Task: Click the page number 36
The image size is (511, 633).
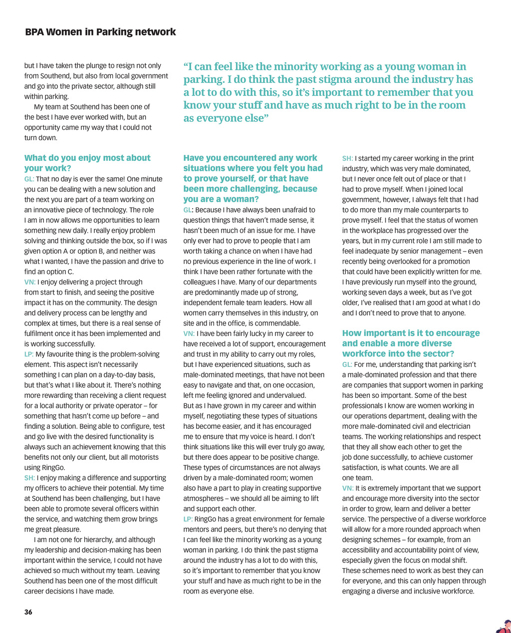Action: [28, 612]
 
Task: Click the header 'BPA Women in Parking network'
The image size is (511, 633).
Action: [100, 32]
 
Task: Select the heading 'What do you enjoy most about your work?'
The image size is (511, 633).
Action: [87, 163]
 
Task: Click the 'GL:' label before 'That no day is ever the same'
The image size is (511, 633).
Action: [29, 179]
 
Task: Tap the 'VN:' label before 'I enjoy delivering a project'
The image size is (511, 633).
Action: [29, 282]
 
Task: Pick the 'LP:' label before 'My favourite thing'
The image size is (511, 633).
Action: [29, 354]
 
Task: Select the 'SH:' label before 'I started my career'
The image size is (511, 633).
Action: [347, 158]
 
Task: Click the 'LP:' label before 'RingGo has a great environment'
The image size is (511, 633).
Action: [188, 519]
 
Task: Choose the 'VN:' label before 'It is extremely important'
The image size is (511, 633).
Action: [348, 488]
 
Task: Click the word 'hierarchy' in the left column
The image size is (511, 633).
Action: [97, 540]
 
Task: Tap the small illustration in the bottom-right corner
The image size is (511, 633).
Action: [504, 627]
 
